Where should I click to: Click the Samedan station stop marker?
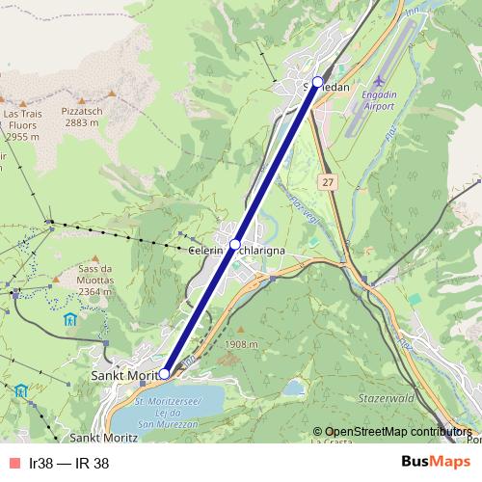[x=318, y=82]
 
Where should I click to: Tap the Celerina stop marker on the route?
[x=235, y=245]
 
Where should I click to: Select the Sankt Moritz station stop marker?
[x=165, y=373]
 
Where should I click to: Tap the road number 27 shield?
[x=329, y=181]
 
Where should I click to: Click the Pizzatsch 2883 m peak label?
[x=81, y=117]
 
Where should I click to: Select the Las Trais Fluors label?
[x=21, y=125]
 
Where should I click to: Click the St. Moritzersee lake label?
[x=168, y=407]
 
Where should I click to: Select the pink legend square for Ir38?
[x=13, y=463]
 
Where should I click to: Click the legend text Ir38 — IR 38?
[x=69, y=463]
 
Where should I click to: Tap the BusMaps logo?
[x=429, y=462]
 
